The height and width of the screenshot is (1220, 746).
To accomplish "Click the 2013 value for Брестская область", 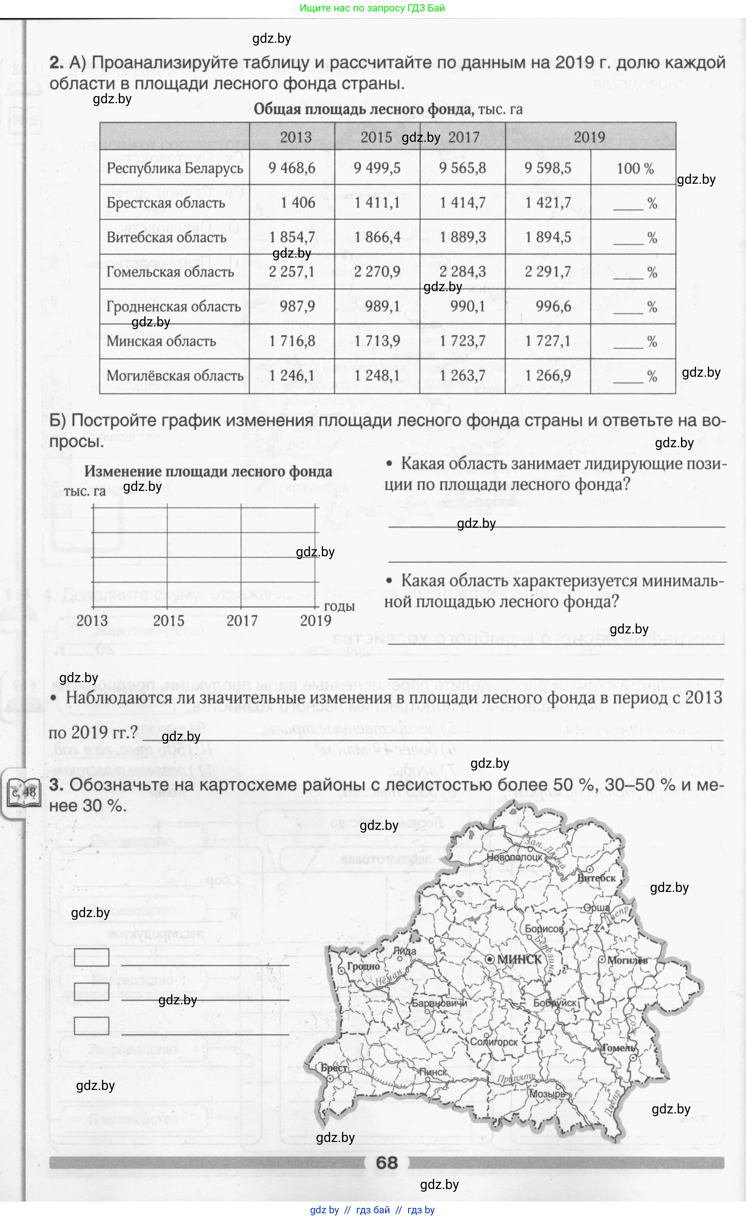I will click(x=297, y=203).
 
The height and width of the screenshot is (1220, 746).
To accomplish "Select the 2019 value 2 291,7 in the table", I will click(x=548, y=272).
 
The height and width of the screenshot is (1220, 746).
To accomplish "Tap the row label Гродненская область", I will click(x=174, y=307).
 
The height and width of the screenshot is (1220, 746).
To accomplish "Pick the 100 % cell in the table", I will click(x=635, y=168).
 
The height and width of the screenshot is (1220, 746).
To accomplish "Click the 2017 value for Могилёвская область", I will click(x=462, y=375).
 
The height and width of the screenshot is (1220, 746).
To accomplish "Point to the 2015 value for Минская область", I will click(x=377, y=341).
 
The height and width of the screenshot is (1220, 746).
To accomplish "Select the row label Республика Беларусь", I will click(x=175, y=168).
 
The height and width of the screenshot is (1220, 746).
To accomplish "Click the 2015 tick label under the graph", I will click(x=168, y=620).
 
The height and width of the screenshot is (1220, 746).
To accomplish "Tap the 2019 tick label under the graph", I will click(x=316, y=620).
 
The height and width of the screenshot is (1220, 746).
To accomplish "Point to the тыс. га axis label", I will click(x=85, y=491).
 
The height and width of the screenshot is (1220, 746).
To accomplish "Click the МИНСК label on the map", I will click(x=519, y=959).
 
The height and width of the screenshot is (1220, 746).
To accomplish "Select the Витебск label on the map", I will click(x=596, y=878).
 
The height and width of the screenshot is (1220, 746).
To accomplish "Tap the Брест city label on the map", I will click(x=333, y=1068).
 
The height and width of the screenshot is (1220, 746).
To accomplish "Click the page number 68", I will click(x=386, y=1163).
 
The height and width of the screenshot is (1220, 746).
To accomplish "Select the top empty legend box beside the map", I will click(x=91, y=957).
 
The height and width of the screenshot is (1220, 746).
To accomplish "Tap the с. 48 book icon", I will click(x=23, y=792).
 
